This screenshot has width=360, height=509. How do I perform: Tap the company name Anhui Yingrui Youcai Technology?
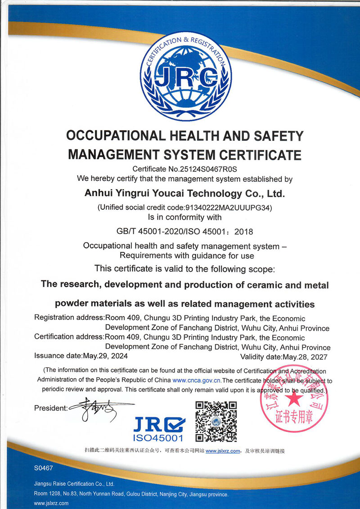(x=184, y=194)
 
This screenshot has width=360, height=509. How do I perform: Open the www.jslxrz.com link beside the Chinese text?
(x=223, y=451)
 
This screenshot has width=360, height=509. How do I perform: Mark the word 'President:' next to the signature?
(x=50, y=408)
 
